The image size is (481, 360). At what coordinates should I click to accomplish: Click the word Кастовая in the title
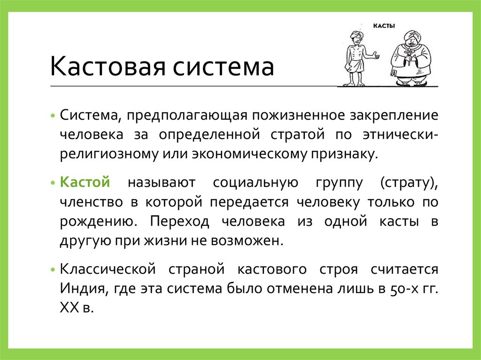(108, 66)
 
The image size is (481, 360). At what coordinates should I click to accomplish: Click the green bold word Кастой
(85, 182)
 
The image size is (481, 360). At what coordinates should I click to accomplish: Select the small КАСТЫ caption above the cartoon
(384, 27)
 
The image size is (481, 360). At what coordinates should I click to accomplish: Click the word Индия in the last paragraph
(83, 287)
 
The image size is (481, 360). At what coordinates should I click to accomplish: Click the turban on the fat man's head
(410, 35)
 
